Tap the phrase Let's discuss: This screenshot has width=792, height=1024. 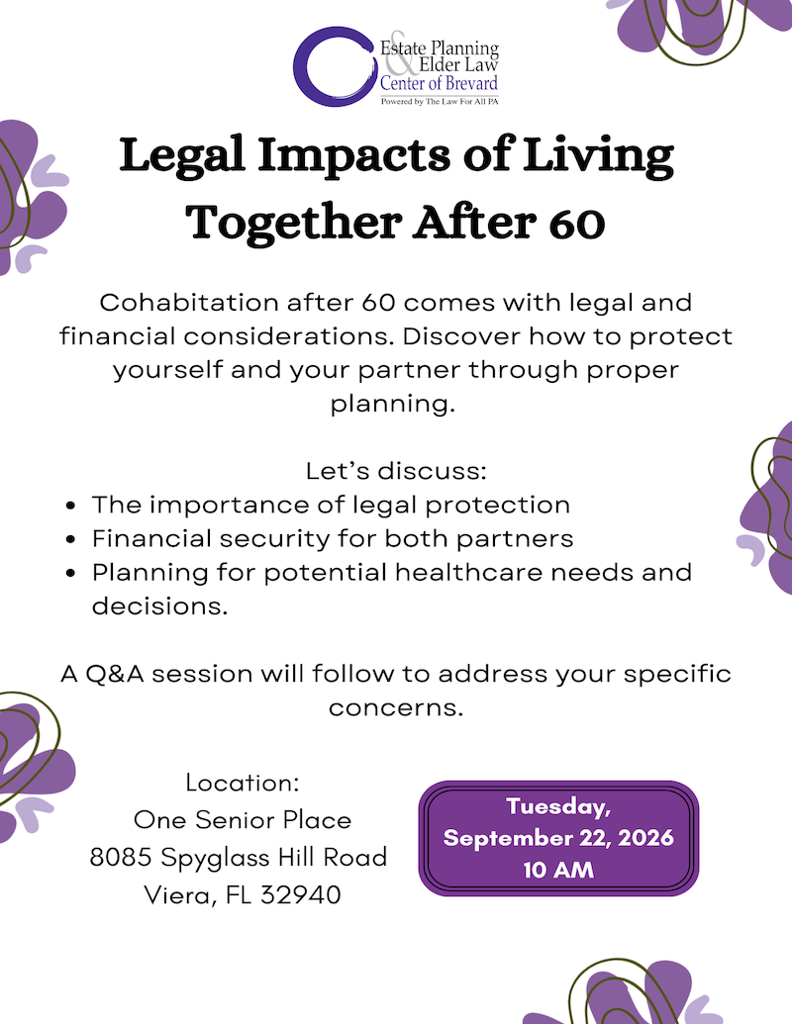[396, 470]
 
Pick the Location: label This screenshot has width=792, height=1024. [243, 783]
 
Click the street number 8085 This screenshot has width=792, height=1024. [121, 858]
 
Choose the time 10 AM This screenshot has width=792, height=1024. [558, 871]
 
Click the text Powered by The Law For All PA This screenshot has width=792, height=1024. [439, 101]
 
